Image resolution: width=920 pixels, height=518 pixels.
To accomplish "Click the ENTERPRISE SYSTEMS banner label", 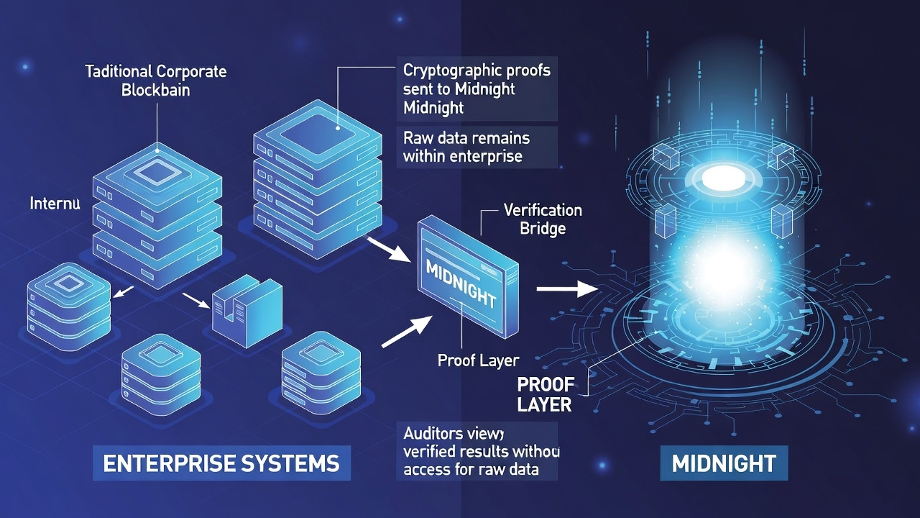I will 221,463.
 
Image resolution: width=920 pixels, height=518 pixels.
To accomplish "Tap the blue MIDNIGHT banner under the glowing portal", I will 724,463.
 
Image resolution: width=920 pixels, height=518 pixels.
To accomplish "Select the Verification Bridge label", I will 543,219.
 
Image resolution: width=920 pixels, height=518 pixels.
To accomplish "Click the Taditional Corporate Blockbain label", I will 156,81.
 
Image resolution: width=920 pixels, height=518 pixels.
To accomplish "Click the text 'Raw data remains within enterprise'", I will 466,146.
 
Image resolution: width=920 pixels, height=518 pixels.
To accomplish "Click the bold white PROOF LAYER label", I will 544,393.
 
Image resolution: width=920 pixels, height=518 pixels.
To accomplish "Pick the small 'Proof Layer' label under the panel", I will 478,360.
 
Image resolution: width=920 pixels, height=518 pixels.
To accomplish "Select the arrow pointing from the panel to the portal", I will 568,288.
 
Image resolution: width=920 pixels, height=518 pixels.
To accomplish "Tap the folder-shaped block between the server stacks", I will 247,304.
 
